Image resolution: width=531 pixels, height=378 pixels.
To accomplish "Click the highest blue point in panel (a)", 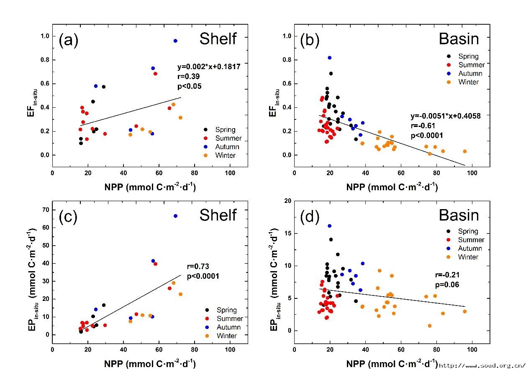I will [175, 41].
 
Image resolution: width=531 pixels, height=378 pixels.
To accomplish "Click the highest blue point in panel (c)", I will [175, 216].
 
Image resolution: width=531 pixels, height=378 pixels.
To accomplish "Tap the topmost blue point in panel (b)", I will [330, 58].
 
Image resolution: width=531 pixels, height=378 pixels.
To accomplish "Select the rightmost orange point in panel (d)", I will [464, 311].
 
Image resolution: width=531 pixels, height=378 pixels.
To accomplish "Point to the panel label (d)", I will [310, 217].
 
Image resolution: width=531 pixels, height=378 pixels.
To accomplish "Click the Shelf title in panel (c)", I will [218, 215].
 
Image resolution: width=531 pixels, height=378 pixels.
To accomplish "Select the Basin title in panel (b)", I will [459, 39].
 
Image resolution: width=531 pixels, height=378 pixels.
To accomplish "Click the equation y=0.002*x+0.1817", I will [209, 66].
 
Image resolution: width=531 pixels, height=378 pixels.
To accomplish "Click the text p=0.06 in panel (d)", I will [446, 285].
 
